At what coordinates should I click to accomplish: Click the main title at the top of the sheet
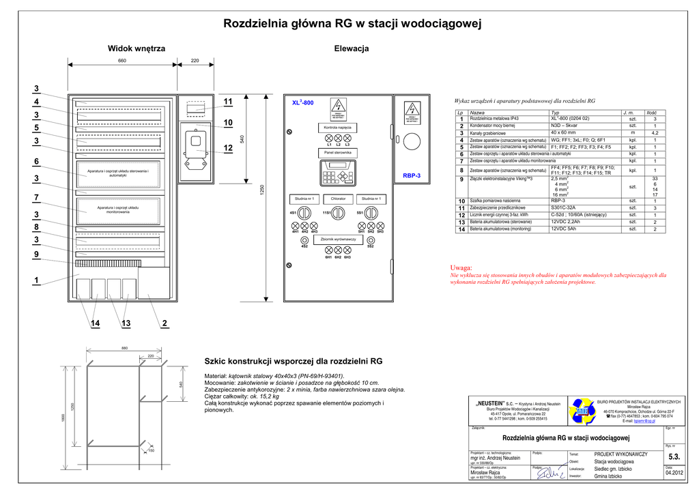click(x=352, y=25)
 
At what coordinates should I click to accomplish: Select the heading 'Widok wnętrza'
click(x=137, y=48)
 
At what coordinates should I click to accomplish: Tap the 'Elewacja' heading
click(x=352, y=48)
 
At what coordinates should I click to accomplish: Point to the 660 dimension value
click(x=122, y=61)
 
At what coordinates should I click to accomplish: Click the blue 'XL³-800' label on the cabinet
click(x=302, y=102)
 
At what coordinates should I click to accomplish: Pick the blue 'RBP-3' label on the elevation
click(x=412, y=175)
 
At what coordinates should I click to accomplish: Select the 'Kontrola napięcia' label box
click(x=337, y=128)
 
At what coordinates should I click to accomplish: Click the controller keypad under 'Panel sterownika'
click(x=338, y=175)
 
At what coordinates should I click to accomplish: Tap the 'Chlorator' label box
click(x=338, y=199)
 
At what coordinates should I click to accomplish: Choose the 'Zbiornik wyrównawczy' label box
click(x=338, y=239)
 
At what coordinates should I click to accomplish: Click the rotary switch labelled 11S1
click(x=338, y=213)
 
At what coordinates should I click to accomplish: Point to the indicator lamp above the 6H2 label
click(x=338, y=250)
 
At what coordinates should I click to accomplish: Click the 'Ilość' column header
click(x=651, y=112)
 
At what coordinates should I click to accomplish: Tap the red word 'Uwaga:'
click(x=461, y=267)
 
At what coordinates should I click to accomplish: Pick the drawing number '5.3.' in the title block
click(x=674, y=456)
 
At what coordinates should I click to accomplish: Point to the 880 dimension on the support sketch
click(x=124, y=348)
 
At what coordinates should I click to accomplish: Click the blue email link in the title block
click(x=645, y=422)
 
